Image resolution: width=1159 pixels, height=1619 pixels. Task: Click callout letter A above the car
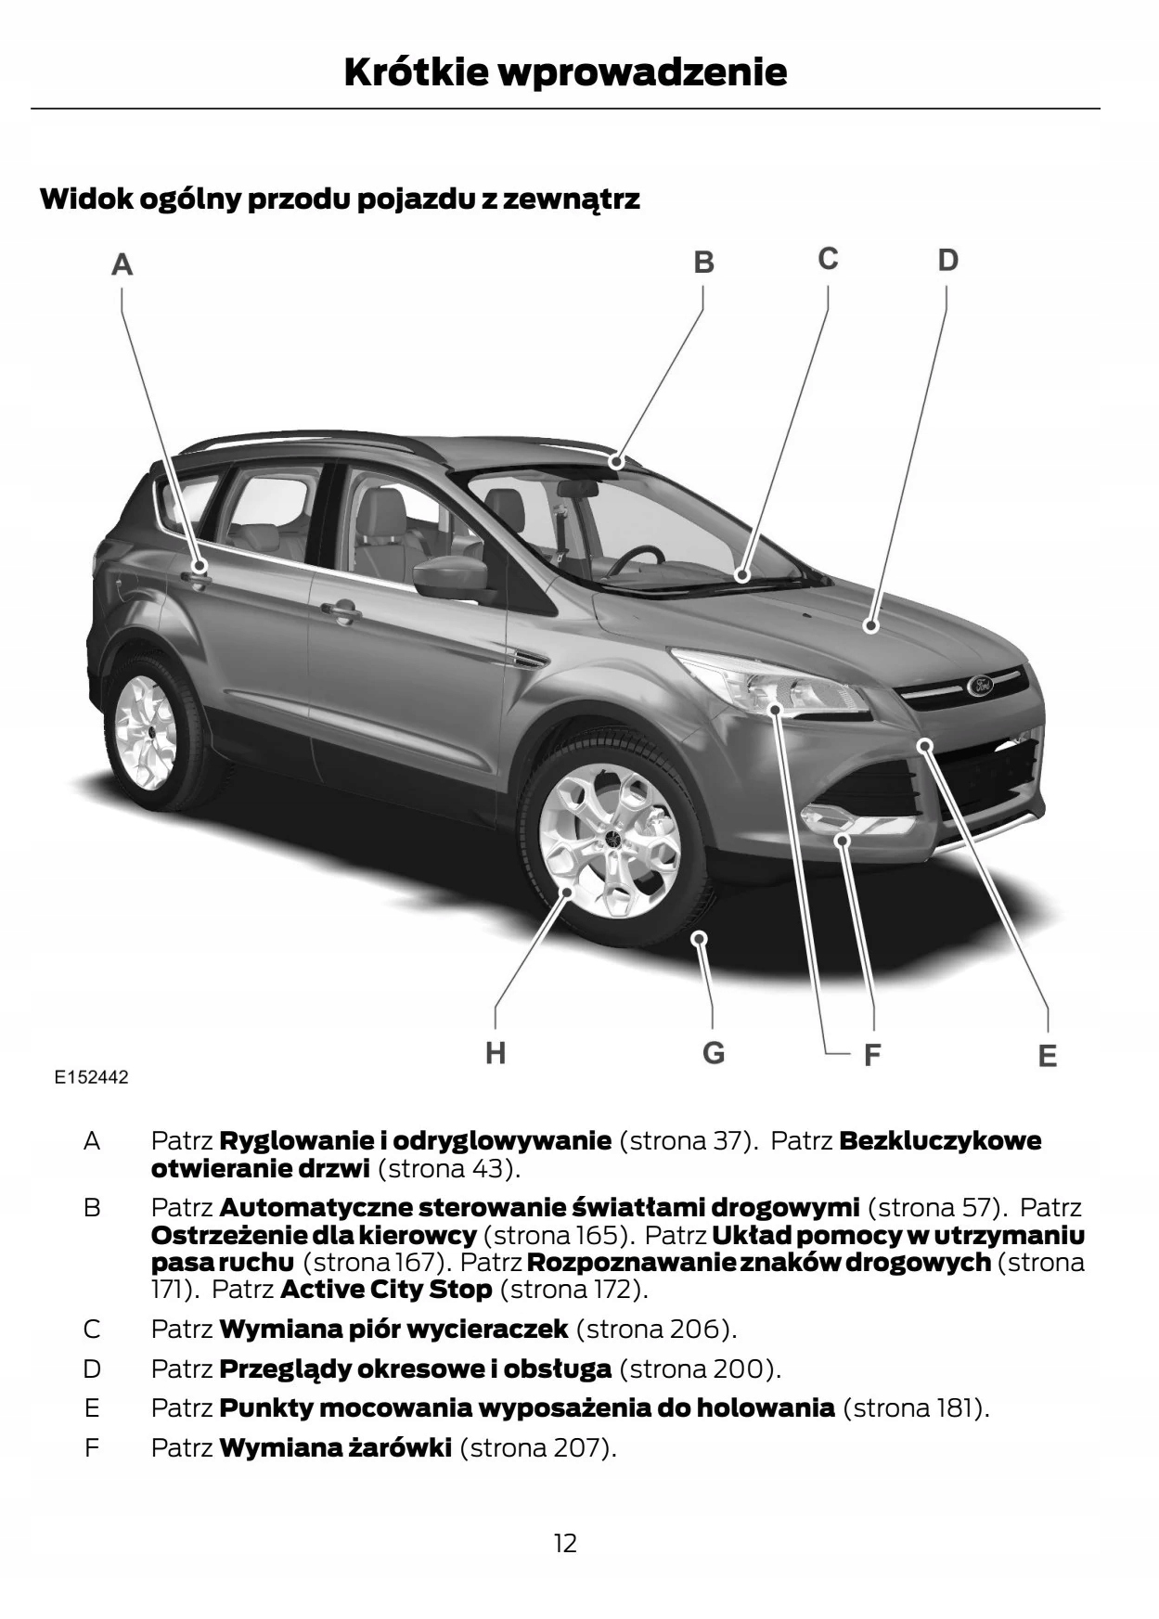tap(122, 265)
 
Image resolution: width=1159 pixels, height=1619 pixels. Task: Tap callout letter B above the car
tap(704, 263)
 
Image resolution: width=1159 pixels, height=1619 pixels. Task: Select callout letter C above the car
tap(828, 259)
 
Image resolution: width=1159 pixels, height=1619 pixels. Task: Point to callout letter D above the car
tap(947, 260)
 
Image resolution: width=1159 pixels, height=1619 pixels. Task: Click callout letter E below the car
tap(1047, 1056)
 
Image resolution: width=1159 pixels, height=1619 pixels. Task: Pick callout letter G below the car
tap(713, 1053)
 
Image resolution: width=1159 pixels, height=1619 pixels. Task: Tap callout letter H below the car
tap(496, 1053)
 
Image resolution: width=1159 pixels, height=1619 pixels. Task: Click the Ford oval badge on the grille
tap(981, 686)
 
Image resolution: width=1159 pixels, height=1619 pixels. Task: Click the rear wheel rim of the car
tap(146, 729)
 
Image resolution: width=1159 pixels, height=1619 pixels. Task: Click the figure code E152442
tap(91, 1077)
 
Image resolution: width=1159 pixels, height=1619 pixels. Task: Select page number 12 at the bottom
tap(565, 1543)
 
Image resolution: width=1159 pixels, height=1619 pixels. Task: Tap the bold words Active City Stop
tap(386, 1289)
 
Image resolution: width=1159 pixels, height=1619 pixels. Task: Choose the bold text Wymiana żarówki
tap(336, 1447)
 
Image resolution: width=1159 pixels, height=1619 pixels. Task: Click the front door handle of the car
tap(341, 611)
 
